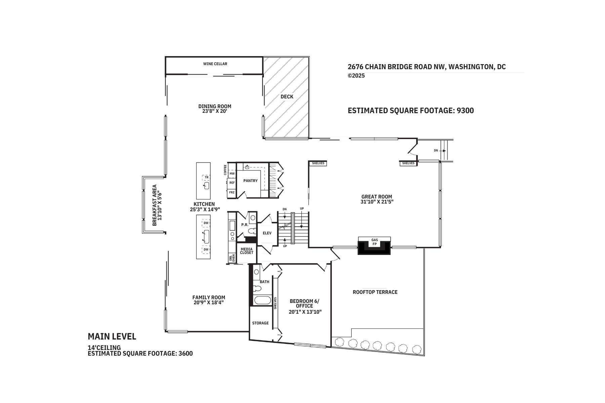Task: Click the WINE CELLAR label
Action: [x=215, y=64]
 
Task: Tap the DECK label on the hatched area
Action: [x=287, y=97]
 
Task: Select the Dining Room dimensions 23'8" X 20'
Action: [x=215, y=111]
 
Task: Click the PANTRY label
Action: [x=250, y=181]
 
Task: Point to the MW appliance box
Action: [x=232, y=174]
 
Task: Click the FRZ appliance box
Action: [x=232, y=192]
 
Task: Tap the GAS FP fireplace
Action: [x=374, y=242]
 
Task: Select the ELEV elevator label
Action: [x=267, y=233]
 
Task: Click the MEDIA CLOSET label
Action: [x=246, y=251]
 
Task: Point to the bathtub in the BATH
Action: [x=263, y=300]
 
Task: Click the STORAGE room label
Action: [x=260, y=323]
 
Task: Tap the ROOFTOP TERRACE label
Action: [x=375, y=292]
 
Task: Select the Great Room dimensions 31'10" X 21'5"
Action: [x=376, y=202]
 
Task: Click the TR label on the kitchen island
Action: [x=207, y=177]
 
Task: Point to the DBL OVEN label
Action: [x=232, y=258]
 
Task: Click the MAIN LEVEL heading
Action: [x=112, y=337]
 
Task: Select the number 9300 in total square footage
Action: [x=465, y=110]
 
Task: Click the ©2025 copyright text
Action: [x=356, y=76]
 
